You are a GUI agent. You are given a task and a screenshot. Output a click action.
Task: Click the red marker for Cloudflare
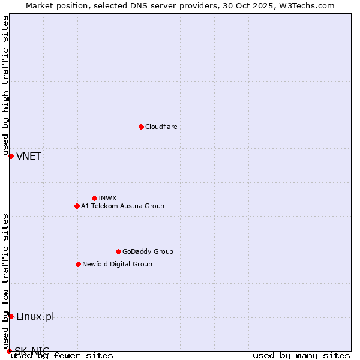coord(141,127)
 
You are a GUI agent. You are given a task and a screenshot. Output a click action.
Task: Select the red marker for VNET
coord(11,156)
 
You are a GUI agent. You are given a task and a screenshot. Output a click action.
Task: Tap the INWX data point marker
coord(94,198)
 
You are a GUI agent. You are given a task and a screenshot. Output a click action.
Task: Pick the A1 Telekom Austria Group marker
coord(77,206)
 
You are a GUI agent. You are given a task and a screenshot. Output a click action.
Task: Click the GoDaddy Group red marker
coord(118,251)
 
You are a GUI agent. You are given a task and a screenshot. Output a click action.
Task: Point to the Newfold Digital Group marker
coord(78,264)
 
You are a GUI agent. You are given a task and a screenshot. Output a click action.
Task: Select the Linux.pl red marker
coord(11,316)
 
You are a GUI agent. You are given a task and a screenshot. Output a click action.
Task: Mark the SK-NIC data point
coord(9,351)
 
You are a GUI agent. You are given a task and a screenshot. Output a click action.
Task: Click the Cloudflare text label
coord(161,127)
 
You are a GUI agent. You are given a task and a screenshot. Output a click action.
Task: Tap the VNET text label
coord(29,157)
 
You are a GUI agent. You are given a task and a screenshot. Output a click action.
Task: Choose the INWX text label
coord(107,198)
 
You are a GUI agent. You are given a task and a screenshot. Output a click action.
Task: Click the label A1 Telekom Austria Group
coord(122,206)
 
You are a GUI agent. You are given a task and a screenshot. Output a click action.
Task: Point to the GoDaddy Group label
coord(148,251)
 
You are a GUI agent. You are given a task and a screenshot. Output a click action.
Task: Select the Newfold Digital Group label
coord(117,264)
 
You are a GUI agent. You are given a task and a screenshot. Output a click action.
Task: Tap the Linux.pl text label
coord(35,317)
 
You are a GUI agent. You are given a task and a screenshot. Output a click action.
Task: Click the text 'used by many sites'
coord(301,356)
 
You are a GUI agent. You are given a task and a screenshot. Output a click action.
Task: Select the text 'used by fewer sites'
coord(62,356)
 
